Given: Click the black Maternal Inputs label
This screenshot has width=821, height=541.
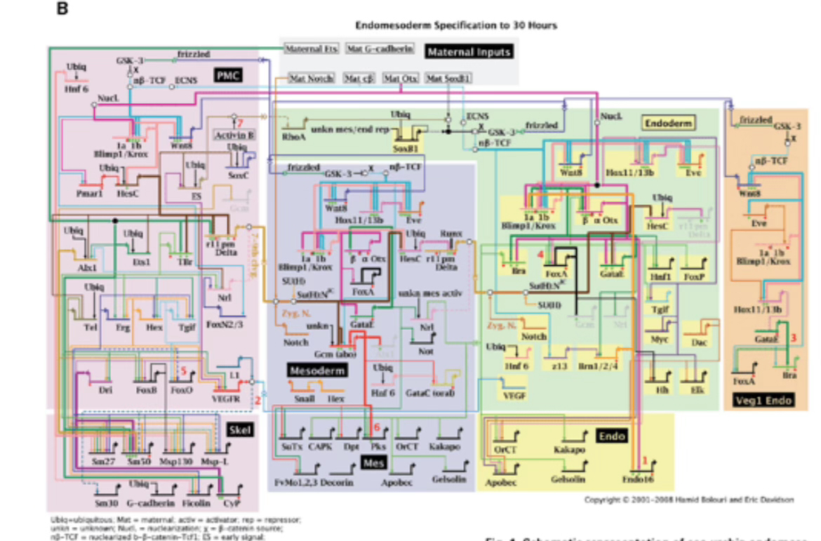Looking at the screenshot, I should [x=469, y=51].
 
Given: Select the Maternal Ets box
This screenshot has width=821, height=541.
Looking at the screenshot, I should [x=312, y=48].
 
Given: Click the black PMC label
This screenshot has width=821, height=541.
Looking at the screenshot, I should [x=229, y=74].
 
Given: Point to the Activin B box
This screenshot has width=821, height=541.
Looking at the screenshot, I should [x=234, y=134].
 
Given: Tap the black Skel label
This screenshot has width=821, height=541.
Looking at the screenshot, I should [x=240, y=429].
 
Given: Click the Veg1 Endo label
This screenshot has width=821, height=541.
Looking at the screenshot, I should [x=765, y=401].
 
